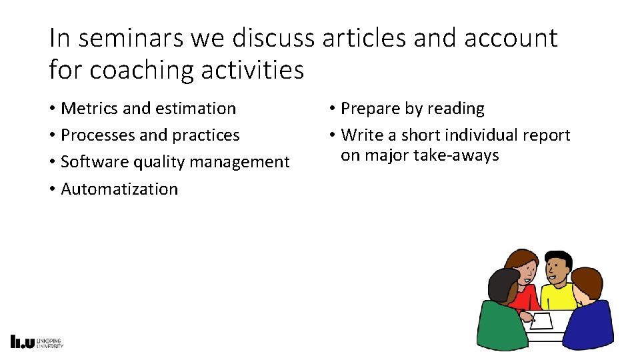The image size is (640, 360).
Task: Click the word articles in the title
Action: coord(364,39)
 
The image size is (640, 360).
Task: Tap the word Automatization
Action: coord(119,189)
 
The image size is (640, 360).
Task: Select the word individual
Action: coord(481,135)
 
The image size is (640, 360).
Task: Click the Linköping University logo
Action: coord(37,341)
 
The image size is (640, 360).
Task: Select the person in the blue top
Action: coord(591,313)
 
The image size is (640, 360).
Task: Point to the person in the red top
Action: coord(524,287)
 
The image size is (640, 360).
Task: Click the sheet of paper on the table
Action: coord(541,321)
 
